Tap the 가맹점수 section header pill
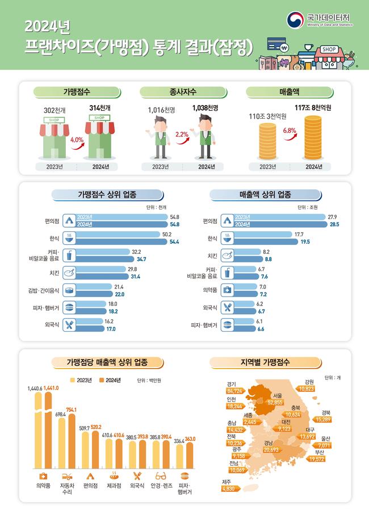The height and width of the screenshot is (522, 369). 77,91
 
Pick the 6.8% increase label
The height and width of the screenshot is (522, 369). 290,130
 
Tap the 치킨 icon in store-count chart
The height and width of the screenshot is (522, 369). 68,273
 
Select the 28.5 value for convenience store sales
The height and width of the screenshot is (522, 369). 334,225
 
